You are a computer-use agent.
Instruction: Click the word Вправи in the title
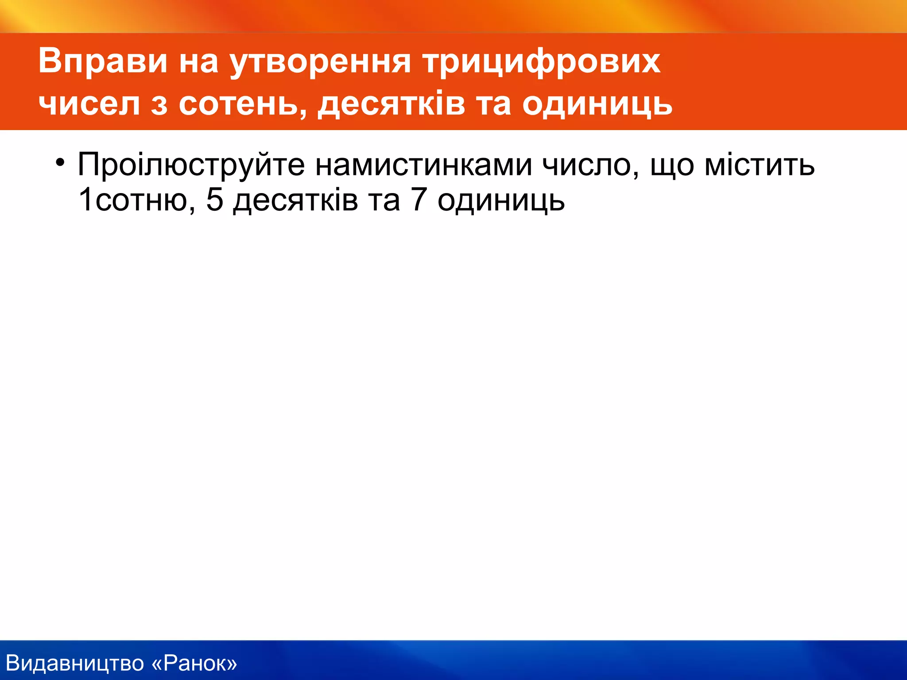(103, 61)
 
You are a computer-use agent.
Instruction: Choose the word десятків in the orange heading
(391, 104)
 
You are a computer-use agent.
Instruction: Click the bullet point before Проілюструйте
(60, 162)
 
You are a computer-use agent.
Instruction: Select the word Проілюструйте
(191, 165)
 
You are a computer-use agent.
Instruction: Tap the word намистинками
(423, 165)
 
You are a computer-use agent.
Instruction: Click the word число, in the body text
(591, 165)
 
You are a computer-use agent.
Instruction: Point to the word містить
(759, 165)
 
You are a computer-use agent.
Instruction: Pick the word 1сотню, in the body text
(136, 200)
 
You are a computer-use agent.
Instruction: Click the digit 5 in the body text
(214, 200)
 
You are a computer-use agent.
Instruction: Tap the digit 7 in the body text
(419, 200)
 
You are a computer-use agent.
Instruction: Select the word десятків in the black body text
(295, 200)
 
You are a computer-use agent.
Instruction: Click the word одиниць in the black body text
(501, 200)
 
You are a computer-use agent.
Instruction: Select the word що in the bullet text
(672, 165)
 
